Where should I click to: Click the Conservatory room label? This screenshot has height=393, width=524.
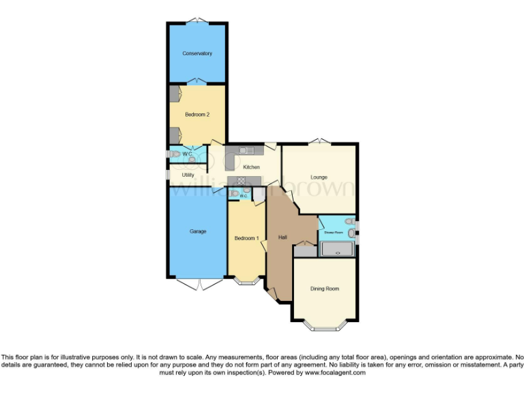pyautogui.click(x=196, y=53)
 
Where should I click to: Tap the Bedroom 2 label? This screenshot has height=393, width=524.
pyautogui.click(x=196, y=115)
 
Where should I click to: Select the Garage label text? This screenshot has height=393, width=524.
pyautogui.click(x=198, y=231)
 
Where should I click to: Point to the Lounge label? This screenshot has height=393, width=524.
pyautogui.click(x=319, y=177)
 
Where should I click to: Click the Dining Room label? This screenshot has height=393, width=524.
pyautogui.click(x=324, y=289)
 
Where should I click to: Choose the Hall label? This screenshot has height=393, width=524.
pyautogui.click(x=282, y=237)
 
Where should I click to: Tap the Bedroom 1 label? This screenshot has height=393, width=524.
pyautogui.click(x=246, y=238)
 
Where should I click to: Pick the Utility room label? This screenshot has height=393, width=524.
pyautogui.click(x=188, y=175)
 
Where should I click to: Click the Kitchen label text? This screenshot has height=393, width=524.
pyautogui.click(x=251, y=167)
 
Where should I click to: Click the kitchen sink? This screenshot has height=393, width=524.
pyautogui.click(x=246, y=151)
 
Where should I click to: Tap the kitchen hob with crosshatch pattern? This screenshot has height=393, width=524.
pyautogui.click(x=240, y=179)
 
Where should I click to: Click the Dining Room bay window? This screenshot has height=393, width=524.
pyautogui.click(x=324, y=325)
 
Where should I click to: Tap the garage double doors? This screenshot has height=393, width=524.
pyautogui.click(x=198, y=283)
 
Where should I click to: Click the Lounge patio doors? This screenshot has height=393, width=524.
pyautogui.click(x=319, y=142)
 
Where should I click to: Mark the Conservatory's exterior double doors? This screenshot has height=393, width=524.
pyautogui.click(x=196, y=20)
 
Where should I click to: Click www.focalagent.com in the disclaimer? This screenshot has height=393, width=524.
pyautogui.click(x=335, y=373)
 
